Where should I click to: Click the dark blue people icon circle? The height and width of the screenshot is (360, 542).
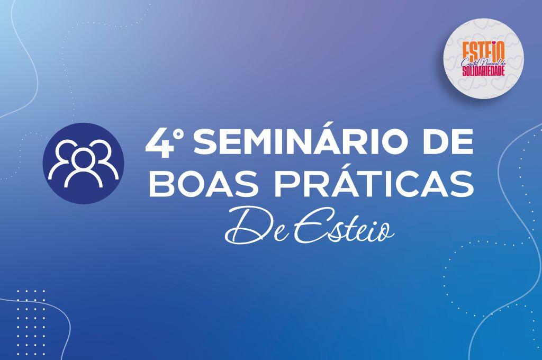pos(83,163)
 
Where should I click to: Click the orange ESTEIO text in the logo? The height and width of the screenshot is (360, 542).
pos(484,51)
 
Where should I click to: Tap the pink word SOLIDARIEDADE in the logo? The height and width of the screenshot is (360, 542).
pos(484,71)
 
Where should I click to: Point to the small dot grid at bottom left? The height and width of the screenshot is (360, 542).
pos(31,318)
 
